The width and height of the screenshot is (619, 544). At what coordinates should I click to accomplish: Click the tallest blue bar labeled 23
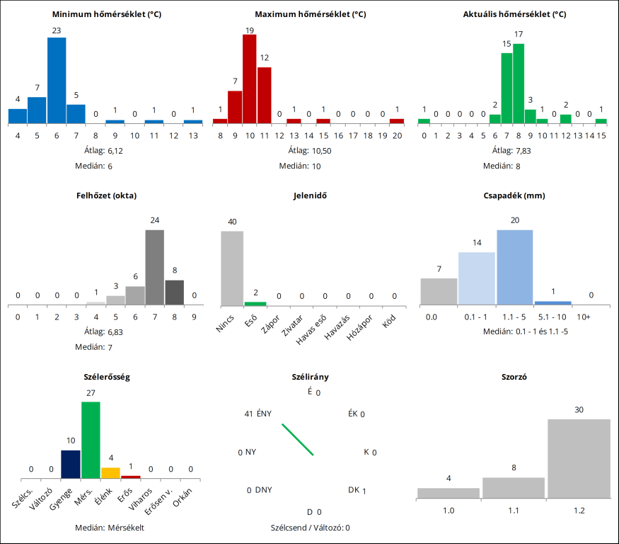point(57,80)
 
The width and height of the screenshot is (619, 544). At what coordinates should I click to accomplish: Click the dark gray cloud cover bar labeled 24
point(155,267)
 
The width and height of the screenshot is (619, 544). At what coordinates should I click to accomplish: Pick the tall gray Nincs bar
point(232,268)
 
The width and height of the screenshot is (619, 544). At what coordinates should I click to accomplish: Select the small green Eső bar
point(255,303)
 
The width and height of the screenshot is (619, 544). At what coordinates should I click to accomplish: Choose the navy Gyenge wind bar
point(71,465)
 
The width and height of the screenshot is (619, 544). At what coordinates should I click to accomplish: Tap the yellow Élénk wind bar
point(111,473)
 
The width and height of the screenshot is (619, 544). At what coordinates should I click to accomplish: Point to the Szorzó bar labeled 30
point(579,459)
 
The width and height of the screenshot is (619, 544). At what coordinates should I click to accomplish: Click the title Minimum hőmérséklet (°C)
point(107,14)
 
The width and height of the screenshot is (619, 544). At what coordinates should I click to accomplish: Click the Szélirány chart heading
point(309,377)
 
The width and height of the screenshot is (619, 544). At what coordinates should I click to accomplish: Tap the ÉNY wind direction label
point(264,414)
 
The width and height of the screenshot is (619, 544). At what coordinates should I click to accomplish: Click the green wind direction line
point(298,440)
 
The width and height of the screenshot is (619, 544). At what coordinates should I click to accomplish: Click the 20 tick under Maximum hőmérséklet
point(398,135)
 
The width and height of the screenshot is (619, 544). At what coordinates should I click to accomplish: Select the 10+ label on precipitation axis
point(584,317)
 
